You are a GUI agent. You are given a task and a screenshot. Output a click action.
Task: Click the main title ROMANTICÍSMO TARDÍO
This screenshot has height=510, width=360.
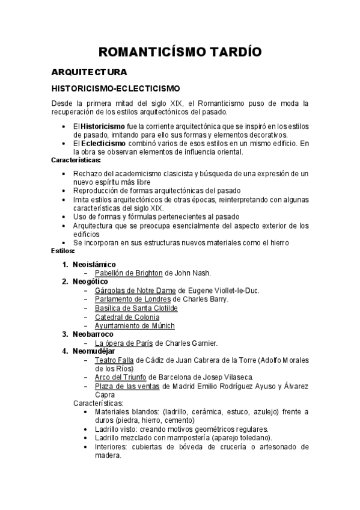[x=180, y=52]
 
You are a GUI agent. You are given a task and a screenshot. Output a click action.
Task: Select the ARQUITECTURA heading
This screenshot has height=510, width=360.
[x=89, y=72]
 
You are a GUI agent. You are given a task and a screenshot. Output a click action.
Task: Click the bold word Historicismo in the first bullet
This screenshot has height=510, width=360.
[x=103, y=127]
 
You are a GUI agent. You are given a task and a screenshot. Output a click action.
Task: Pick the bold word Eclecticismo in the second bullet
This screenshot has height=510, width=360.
[x=104, y=144]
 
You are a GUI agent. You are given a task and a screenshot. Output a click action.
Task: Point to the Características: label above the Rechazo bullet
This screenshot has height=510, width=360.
[x=76, y=160]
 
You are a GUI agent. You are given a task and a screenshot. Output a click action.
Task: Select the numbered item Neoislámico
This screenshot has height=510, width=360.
[x=94, y=264]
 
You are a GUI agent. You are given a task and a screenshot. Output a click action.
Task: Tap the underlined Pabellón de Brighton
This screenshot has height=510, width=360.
[x=129, y=272]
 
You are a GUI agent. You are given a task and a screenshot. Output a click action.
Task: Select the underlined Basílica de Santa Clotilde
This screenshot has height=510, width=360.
[x=136, y=308]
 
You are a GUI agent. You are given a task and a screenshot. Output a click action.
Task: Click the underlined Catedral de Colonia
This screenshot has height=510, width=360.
[x=127, y=317]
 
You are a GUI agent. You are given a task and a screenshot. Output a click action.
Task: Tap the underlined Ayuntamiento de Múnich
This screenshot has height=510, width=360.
[x=135, y=326]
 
